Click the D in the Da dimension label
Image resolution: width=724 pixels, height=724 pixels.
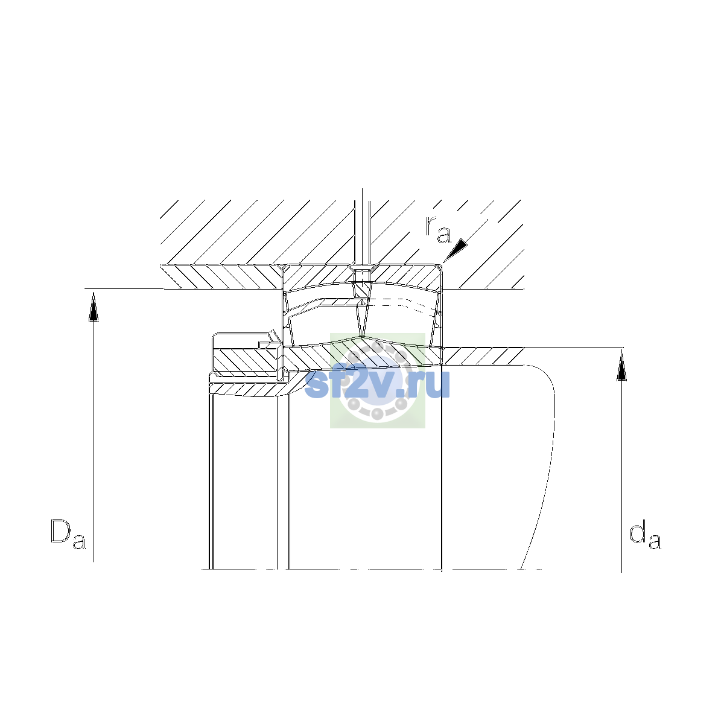click(60, 532)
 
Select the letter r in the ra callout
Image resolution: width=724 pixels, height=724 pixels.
click(431, 226)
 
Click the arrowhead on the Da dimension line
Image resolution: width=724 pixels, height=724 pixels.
click(94, 306)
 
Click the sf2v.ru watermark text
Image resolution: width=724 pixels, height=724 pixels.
click(377, 383)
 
